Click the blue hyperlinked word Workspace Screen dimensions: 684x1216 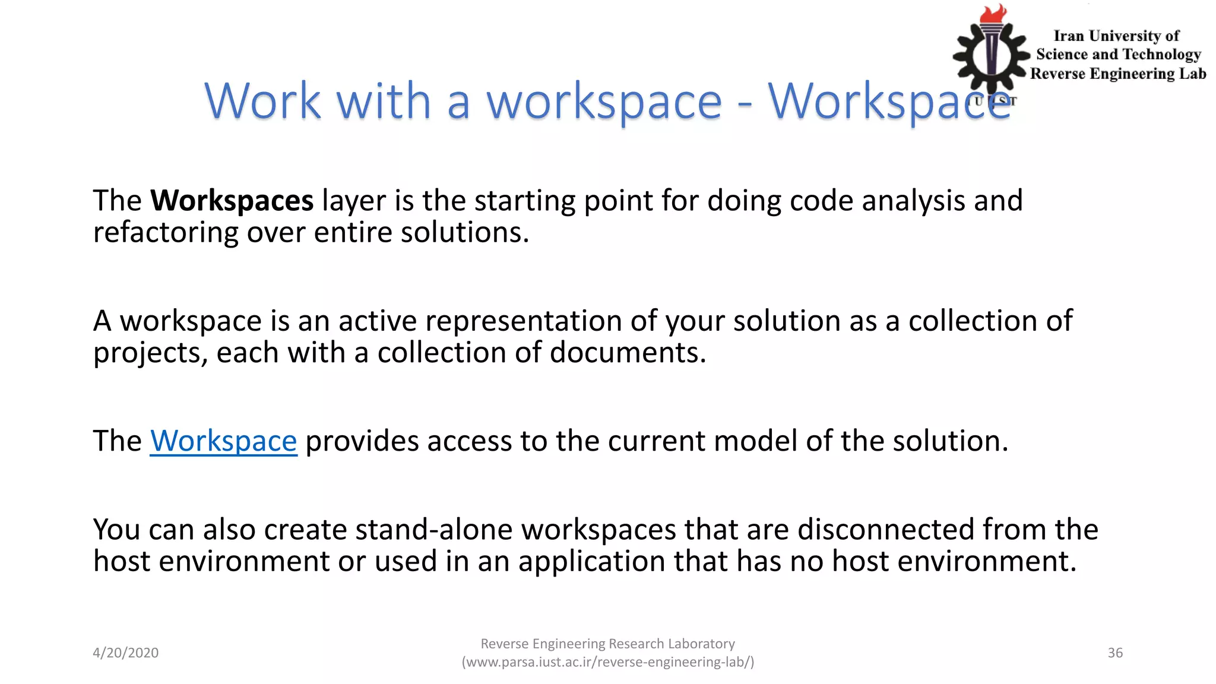(223, 441)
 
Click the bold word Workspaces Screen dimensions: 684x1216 (232, 201)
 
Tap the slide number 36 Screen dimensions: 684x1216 (1115, 653)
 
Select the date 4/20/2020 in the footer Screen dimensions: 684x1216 (125, 653)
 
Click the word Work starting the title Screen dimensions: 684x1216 (262, 101)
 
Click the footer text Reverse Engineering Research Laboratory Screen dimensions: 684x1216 (607, 644)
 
